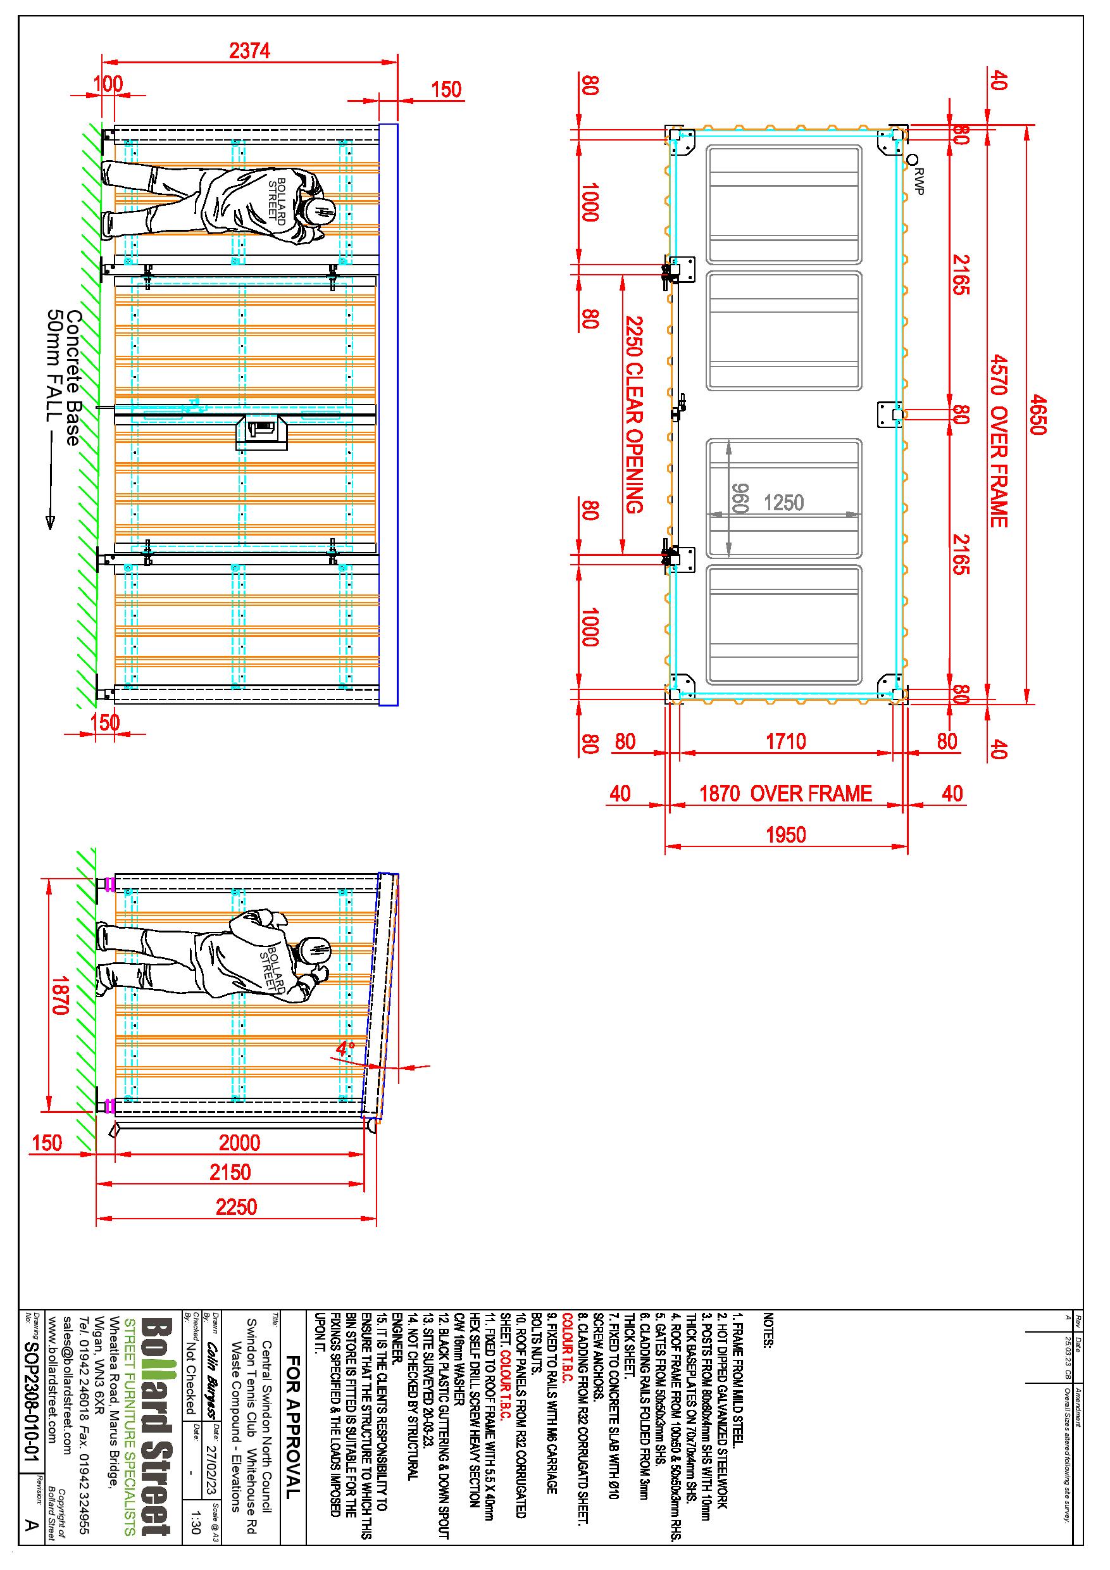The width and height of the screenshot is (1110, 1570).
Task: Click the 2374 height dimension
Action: (250, 50)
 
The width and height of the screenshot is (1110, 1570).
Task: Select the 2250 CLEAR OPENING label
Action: (635, 415)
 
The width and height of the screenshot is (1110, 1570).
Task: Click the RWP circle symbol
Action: (912, 160)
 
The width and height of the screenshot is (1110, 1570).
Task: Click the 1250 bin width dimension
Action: (783, 503)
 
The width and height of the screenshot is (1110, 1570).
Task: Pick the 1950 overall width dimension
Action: (786, 835)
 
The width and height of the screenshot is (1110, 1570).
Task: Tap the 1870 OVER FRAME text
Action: (786, 793)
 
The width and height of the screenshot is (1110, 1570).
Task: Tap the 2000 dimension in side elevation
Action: (239, 1143)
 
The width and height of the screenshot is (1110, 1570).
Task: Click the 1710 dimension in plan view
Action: (786, 741)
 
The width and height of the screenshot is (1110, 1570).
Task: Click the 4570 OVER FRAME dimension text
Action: (999, 441)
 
